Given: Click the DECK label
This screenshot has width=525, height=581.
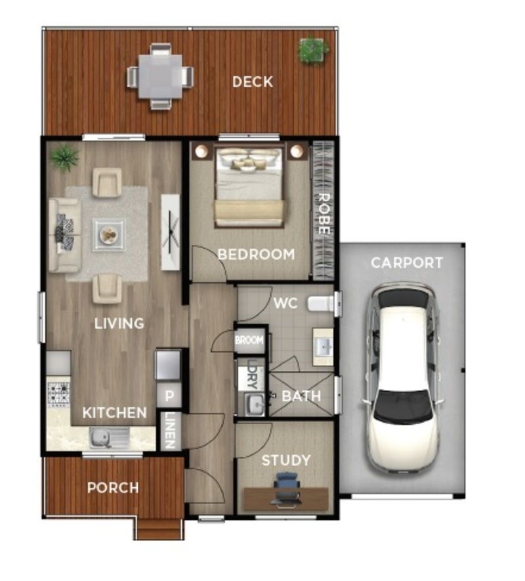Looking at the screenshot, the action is (252, 82).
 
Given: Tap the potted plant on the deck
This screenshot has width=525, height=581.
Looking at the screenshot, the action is (313, 50).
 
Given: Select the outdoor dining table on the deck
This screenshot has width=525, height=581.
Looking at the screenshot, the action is (160, 77).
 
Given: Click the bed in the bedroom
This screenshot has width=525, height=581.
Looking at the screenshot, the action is (249, 187).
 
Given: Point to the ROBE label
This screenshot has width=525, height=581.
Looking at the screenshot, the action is (324, 214).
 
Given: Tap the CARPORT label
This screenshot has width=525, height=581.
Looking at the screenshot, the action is (407, 263).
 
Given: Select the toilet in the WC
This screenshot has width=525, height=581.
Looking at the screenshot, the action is (321, 304).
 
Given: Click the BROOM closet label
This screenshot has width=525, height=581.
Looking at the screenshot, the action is (249, 340).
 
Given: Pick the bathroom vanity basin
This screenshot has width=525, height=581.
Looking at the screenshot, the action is (323, 347).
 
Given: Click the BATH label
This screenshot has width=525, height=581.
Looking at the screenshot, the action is (301, 397).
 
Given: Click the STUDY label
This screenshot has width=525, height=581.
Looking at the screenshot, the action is (285, 461).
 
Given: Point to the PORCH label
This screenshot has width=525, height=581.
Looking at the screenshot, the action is (113, 488).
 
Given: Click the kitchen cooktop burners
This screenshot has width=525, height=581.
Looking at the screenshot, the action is (58, 393).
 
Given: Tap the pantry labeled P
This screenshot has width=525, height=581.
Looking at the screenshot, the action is (169, 396).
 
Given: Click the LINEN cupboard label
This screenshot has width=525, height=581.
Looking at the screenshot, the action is (170, 431).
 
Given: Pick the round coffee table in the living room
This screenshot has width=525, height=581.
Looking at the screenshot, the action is (109, 234).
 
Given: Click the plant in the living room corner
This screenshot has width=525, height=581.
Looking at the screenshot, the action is (64, 158).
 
